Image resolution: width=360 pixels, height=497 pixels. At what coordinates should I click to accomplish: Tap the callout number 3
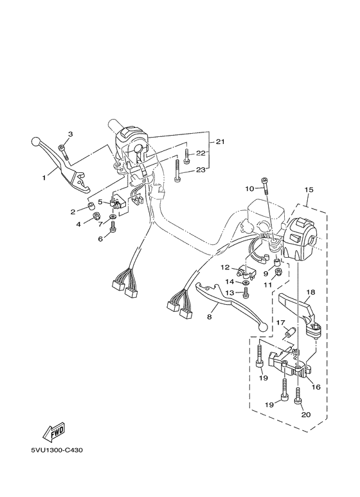coord(71,134)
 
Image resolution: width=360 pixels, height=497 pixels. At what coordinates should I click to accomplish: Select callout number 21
coord(220,141)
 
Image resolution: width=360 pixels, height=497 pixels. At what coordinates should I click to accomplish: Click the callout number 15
coord(309,190)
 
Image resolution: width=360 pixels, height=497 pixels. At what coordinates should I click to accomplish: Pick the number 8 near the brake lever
coord(210,317)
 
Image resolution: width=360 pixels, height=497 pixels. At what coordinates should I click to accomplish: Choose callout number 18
coord(310,292)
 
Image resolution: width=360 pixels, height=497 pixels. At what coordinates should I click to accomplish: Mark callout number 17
coord(280,322)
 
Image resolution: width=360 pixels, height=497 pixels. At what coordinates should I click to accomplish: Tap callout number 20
coord(306,415)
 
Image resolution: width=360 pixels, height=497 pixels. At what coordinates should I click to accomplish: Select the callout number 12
coord(226,267)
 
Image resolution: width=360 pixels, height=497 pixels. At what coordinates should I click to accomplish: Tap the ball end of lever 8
coord(261,327)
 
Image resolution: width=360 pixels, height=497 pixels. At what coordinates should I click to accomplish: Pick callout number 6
coord(100,239)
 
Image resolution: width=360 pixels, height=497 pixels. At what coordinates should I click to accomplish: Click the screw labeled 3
coord(62,150)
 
